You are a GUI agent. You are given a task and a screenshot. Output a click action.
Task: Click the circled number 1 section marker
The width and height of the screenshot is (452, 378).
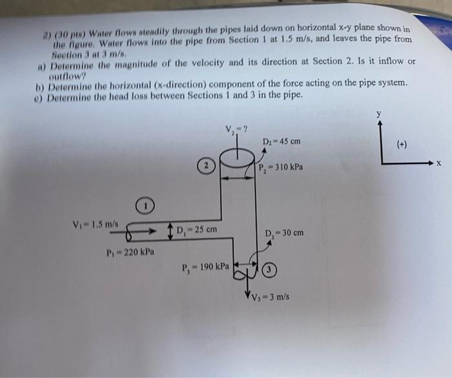(x=146, y=207)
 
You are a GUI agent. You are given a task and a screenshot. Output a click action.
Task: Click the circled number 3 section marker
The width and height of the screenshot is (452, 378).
(x=270, y=269)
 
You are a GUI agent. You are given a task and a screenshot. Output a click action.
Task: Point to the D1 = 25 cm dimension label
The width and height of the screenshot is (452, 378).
(x=197, y=229)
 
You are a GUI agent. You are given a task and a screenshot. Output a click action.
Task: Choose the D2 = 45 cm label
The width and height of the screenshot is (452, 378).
(x=282, y=142)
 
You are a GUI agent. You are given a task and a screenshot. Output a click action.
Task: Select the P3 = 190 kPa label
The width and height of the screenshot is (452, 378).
(x=205, y=266)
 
